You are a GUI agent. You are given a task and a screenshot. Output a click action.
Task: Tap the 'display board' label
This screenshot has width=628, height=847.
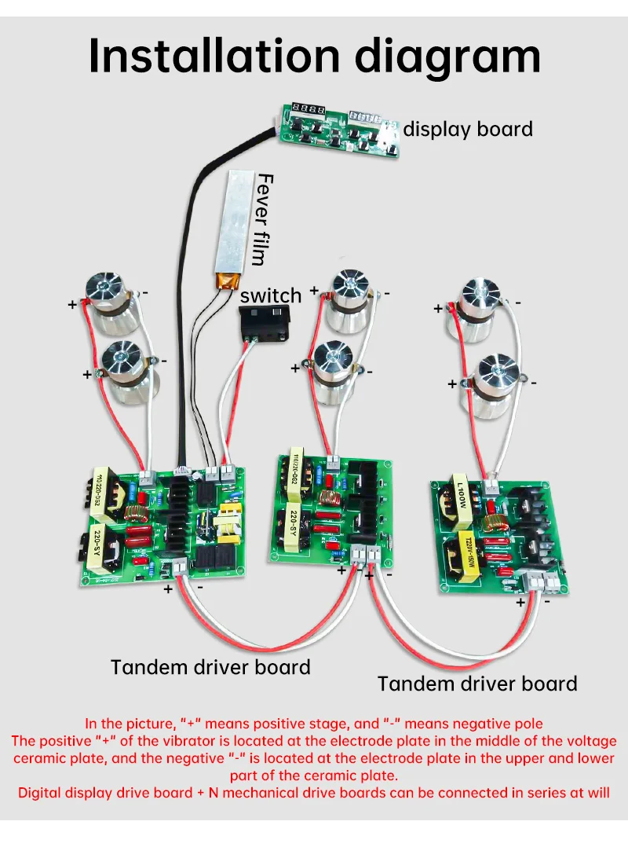468,129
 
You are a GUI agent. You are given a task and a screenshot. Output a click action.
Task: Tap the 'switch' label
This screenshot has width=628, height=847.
271,295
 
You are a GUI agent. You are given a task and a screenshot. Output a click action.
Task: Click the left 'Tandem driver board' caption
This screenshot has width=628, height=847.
210,667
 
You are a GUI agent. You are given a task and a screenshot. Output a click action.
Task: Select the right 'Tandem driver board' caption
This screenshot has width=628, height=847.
477,684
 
